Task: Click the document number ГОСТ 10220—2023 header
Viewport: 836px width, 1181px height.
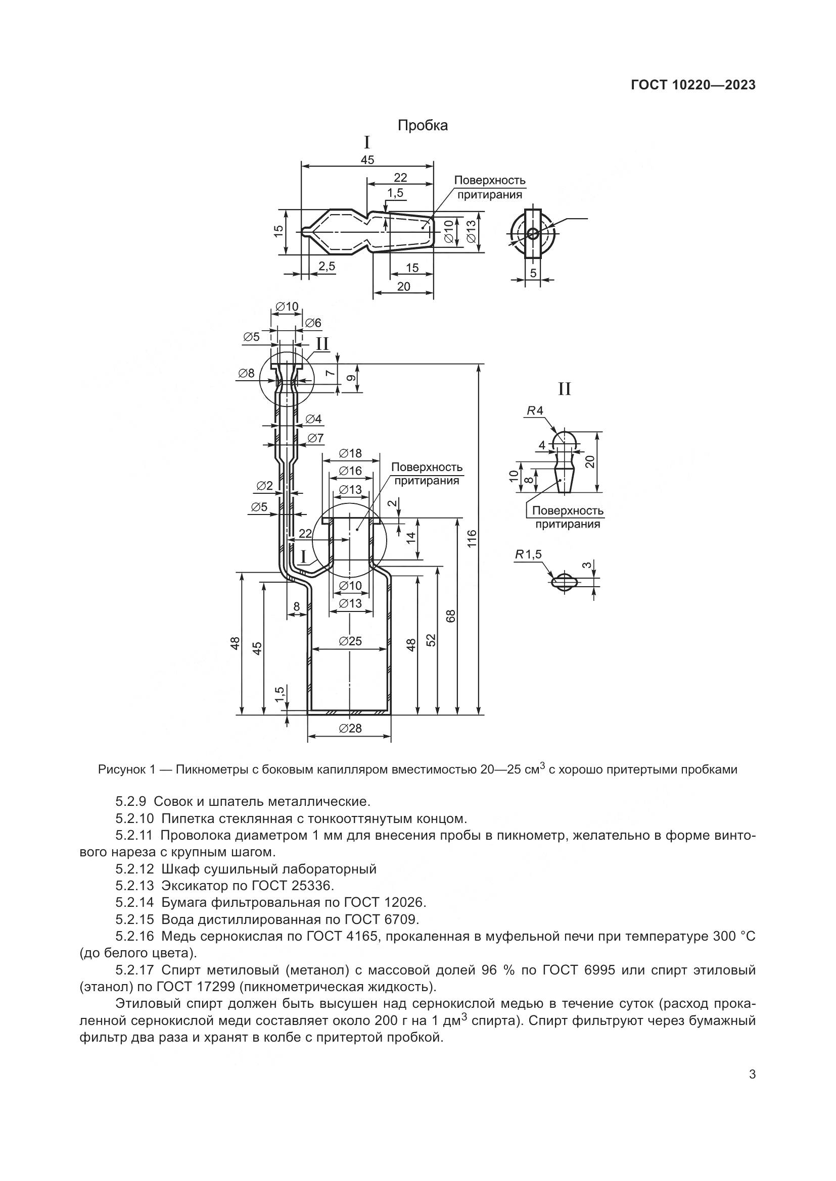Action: pyautogui.click(x=693, y=85)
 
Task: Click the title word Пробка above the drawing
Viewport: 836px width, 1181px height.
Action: pyautogui.click(x=423, y=126)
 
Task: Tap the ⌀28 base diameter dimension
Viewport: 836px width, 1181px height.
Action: pyautogui.click(x=351, y=729)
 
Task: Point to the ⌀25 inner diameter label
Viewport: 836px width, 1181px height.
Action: pyautogui.click(x=351, y=641)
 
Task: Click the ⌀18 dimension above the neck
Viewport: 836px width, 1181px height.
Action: pyautogui.click(x=351, y=453)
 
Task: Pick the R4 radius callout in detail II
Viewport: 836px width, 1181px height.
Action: pyautogui.click(x=535, y=410)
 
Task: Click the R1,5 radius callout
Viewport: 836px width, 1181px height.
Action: pyautogui.click(x=528, y=554)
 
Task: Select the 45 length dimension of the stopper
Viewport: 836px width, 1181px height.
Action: pyautogui.click(x=367, y=160)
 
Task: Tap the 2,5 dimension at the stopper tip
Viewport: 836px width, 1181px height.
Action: pyautogui.click(x=327, y=266)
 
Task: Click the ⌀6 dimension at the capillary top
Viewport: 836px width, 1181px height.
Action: pyautogui.click(x=312, y=323)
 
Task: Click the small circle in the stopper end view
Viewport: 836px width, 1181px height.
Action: pyautogui.click(x=533, y=234)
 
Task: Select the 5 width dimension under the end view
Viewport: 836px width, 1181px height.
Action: pyautogui.click(x=533, y=273)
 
